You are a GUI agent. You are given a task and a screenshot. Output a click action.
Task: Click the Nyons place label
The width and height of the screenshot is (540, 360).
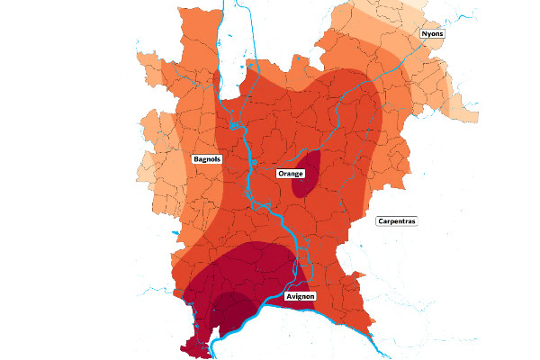[433, 33]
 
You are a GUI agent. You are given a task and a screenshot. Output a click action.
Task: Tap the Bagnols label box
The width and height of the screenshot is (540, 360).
[207, 159]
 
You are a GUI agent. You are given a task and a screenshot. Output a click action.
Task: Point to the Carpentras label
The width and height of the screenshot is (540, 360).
[397, 220]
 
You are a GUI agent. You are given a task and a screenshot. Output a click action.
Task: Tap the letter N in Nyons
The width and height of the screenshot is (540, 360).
[424, 33]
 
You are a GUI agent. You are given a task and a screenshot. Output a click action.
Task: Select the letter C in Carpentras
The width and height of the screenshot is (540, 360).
[381, 220]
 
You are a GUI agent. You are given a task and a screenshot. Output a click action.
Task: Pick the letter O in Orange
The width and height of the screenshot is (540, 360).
[279, 172]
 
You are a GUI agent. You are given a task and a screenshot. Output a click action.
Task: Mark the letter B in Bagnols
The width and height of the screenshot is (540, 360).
[195, 159]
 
